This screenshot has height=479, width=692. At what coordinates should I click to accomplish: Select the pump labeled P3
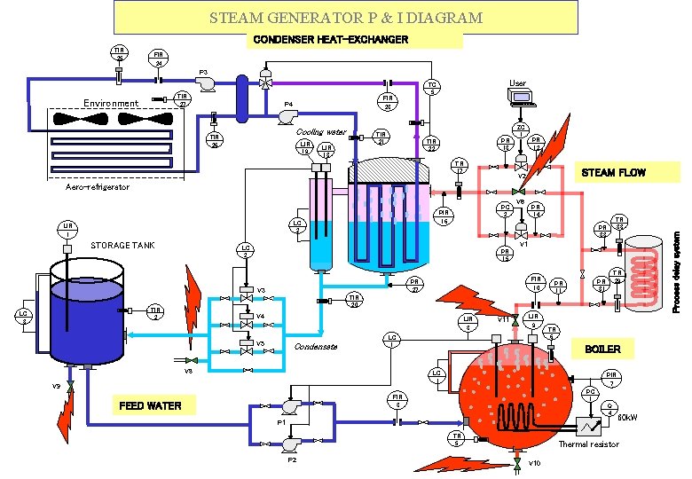pos(207,82)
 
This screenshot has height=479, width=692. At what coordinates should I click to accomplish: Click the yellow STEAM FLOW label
pos(612,172)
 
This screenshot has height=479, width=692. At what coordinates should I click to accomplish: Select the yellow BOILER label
pos(602,349)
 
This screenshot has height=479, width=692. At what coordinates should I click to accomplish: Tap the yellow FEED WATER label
pos(150,406)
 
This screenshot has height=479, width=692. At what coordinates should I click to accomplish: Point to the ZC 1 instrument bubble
pos(523,130)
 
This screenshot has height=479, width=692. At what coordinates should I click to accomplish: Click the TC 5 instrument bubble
pos(431,87)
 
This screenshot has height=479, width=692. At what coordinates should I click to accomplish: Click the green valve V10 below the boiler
pos(516,464)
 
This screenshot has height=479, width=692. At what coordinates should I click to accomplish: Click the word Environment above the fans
pos(111,104)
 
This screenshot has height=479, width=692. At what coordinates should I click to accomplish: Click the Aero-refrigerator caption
pos(98,187)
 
